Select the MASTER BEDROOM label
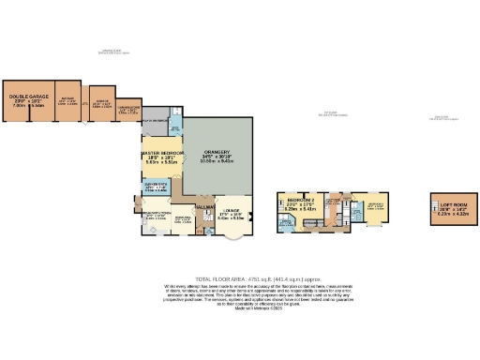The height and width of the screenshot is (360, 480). click(161, 153)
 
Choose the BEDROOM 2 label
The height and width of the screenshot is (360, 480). click(299, 201)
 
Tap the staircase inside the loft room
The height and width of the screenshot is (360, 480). click(434, 208)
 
